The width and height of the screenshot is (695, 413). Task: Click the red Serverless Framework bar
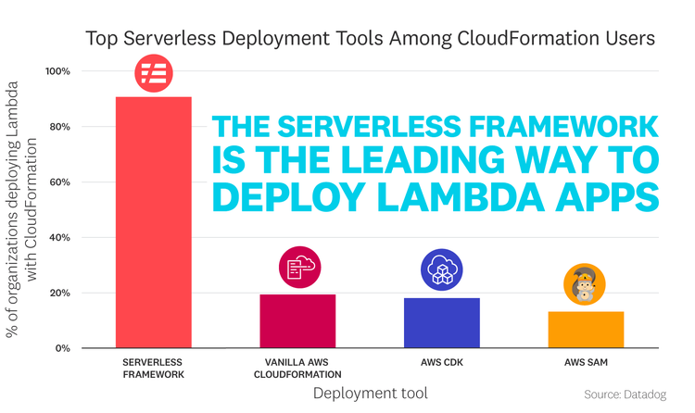[x=153, y=222]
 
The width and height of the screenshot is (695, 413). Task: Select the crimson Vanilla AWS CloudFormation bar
[x=297, y=320]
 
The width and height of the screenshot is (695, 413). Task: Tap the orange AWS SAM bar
[x=586, y=329]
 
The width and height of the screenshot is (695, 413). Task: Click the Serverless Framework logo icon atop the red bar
[x=153, y=73]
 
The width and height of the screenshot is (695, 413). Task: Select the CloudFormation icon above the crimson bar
[x=297, y=269]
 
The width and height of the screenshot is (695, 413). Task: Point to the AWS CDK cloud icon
[x=441, y=270]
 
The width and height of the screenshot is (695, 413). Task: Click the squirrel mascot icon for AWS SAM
[x=585, y=284]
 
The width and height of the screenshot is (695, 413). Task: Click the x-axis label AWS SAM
[x=586, y=362]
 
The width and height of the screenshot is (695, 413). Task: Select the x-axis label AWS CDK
[x=441, y=362]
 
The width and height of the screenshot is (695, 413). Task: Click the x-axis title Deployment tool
[x=370, y=394]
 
